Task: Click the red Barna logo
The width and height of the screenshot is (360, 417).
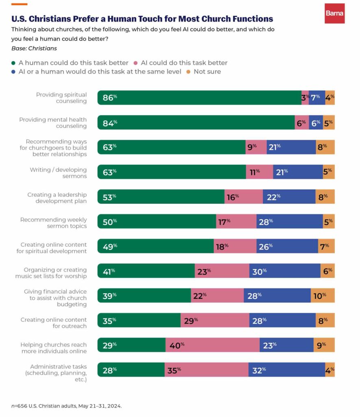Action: [334, 13]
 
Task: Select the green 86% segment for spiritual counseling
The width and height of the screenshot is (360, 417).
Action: [199, 98]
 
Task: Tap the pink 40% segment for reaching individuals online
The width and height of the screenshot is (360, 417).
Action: [212, 345]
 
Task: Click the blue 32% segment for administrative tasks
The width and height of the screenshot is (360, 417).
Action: [286, 370]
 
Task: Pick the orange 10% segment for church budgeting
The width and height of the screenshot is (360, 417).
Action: [323, 296]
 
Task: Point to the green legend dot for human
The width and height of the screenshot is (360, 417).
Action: [13, 63]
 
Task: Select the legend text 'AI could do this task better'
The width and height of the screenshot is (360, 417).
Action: [183, 63]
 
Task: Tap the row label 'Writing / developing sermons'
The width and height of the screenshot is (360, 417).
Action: [58, 173]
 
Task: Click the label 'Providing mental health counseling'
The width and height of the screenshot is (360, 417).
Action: [53, 123]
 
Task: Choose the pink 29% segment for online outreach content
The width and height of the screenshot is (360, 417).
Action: [215, 320]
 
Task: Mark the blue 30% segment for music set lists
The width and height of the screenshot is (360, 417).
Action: [285, 271]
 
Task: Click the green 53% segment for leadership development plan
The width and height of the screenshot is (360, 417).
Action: [161, 197]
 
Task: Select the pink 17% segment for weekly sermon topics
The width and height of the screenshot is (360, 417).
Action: [236, 222]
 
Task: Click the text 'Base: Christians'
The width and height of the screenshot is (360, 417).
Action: [34, 48]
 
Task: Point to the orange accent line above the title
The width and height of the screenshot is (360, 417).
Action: [19, 4]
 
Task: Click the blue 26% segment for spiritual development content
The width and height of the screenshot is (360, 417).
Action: [287, 246]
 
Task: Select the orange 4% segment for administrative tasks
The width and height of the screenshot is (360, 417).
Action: [330, 370]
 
